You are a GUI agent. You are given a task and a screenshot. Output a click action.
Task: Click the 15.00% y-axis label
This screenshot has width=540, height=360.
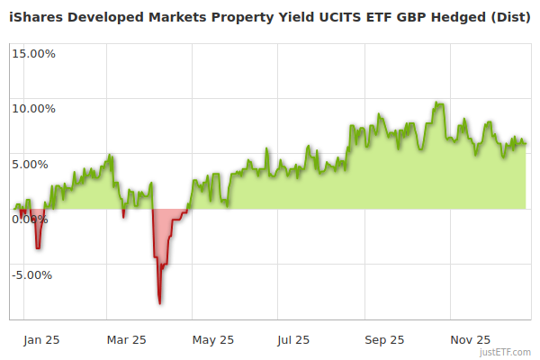(x=32, y=53)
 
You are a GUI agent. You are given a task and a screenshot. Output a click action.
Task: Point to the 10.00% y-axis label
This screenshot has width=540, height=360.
(x=32, y=109)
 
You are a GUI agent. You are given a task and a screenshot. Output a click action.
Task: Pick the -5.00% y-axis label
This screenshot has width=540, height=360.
(x=33, y=275)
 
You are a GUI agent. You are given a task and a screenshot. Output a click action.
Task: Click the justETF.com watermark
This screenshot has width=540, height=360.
(x=506, y=353)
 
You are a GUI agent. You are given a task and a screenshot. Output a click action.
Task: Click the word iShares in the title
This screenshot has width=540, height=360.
(x=39, y=16)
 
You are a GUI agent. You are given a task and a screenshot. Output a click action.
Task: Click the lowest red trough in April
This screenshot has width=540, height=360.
(x=159, y=303)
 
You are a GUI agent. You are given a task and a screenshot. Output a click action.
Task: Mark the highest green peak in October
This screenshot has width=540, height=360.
(x=437, y=103)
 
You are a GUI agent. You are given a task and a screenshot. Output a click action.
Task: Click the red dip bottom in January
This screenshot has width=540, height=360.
(x=37, y=247)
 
